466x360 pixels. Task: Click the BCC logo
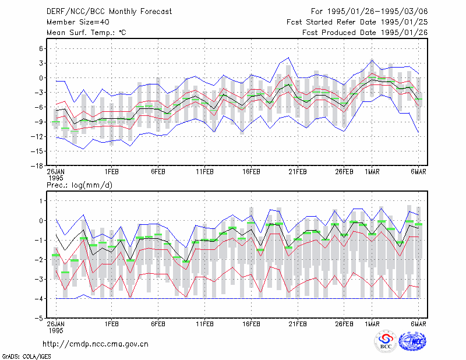386,341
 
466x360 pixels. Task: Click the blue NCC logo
412,341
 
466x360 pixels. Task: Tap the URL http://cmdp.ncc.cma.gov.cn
96,344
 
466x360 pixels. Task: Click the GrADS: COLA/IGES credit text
26,357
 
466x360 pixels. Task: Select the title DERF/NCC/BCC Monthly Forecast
109,12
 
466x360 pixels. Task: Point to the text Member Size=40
78,22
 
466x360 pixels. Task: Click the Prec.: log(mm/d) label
79,185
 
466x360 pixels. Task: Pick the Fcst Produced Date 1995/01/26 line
365,33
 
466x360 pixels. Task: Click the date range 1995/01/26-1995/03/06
377,12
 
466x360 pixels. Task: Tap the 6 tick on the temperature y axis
41,48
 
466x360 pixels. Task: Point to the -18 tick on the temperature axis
37,166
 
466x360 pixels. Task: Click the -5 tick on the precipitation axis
38,319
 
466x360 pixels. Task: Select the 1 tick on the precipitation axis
41,201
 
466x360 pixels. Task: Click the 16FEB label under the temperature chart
251,172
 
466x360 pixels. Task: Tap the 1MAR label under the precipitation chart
372,324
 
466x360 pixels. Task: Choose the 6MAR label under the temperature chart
418,172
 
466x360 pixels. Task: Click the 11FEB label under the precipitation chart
204,324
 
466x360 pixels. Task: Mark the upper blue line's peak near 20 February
288,58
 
